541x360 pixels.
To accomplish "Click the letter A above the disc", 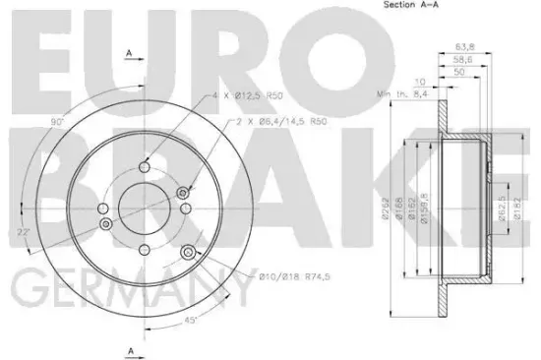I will coord(129,53).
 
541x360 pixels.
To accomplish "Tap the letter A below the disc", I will coord(129,350).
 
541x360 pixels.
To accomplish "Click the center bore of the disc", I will coord(145,207).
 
